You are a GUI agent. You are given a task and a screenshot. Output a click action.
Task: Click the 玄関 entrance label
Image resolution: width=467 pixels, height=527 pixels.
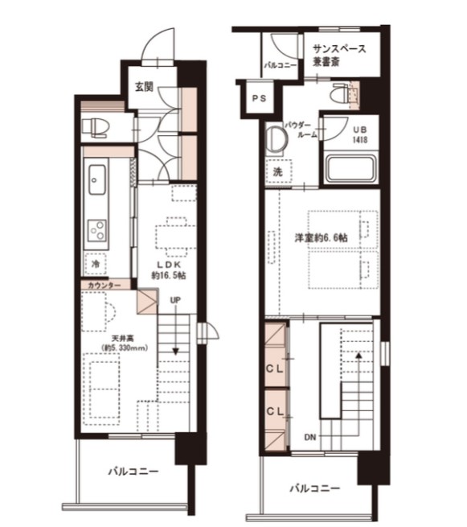pos(145,87)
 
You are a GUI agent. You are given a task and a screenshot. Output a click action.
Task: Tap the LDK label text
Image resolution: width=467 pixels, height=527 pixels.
pos(170,265)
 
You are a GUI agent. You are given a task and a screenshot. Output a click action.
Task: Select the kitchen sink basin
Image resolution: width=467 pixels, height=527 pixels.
pos(97,179)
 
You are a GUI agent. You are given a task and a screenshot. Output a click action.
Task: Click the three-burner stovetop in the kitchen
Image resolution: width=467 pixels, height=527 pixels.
pos(97,230)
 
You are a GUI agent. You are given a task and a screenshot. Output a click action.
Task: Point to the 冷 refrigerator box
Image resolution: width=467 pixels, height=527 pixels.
pos(96,264)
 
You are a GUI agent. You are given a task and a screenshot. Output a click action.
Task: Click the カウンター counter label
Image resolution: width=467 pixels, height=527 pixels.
pos(104,286)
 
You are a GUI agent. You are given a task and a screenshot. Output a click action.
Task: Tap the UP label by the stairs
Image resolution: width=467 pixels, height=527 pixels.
pos(175,300)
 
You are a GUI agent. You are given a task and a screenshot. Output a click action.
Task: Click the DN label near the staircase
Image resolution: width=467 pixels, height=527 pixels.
pos(310,437)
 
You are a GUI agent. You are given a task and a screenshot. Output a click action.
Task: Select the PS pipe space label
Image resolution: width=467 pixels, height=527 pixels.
pos(259,98)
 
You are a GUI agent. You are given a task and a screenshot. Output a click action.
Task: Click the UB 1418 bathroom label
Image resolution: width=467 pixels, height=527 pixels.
pos(360,135)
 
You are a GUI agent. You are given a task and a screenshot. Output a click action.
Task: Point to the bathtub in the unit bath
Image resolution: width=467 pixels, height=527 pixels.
pos(351,170)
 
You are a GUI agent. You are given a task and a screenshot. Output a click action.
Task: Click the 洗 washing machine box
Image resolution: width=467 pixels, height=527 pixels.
pos(278,172)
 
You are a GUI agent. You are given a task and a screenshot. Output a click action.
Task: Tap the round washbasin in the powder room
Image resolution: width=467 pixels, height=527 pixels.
pos(277,138)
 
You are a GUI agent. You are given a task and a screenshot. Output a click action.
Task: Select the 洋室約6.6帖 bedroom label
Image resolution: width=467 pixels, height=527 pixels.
pos(321,237)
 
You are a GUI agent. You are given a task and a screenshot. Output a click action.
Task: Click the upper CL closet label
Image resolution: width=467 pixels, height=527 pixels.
pos(275,368)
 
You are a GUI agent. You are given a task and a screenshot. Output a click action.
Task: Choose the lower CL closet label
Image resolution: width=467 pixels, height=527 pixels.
pos(275,411)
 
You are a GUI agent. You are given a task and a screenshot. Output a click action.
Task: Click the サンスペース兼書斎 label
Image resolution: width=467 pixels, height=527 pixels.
pos(339,56)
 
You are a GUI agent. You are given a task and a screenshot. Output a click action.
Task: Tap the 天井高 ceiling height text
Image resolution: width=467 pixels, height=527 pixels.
pos(122,338)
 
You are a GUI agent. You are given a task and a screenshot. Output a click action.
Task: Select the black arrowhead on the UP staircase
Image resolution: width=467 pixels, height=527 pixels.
pos(175,352)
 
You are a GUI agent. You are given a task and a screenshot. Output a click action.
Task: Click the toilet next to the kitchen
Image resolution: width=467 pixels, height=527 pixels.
pos(96,128)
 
